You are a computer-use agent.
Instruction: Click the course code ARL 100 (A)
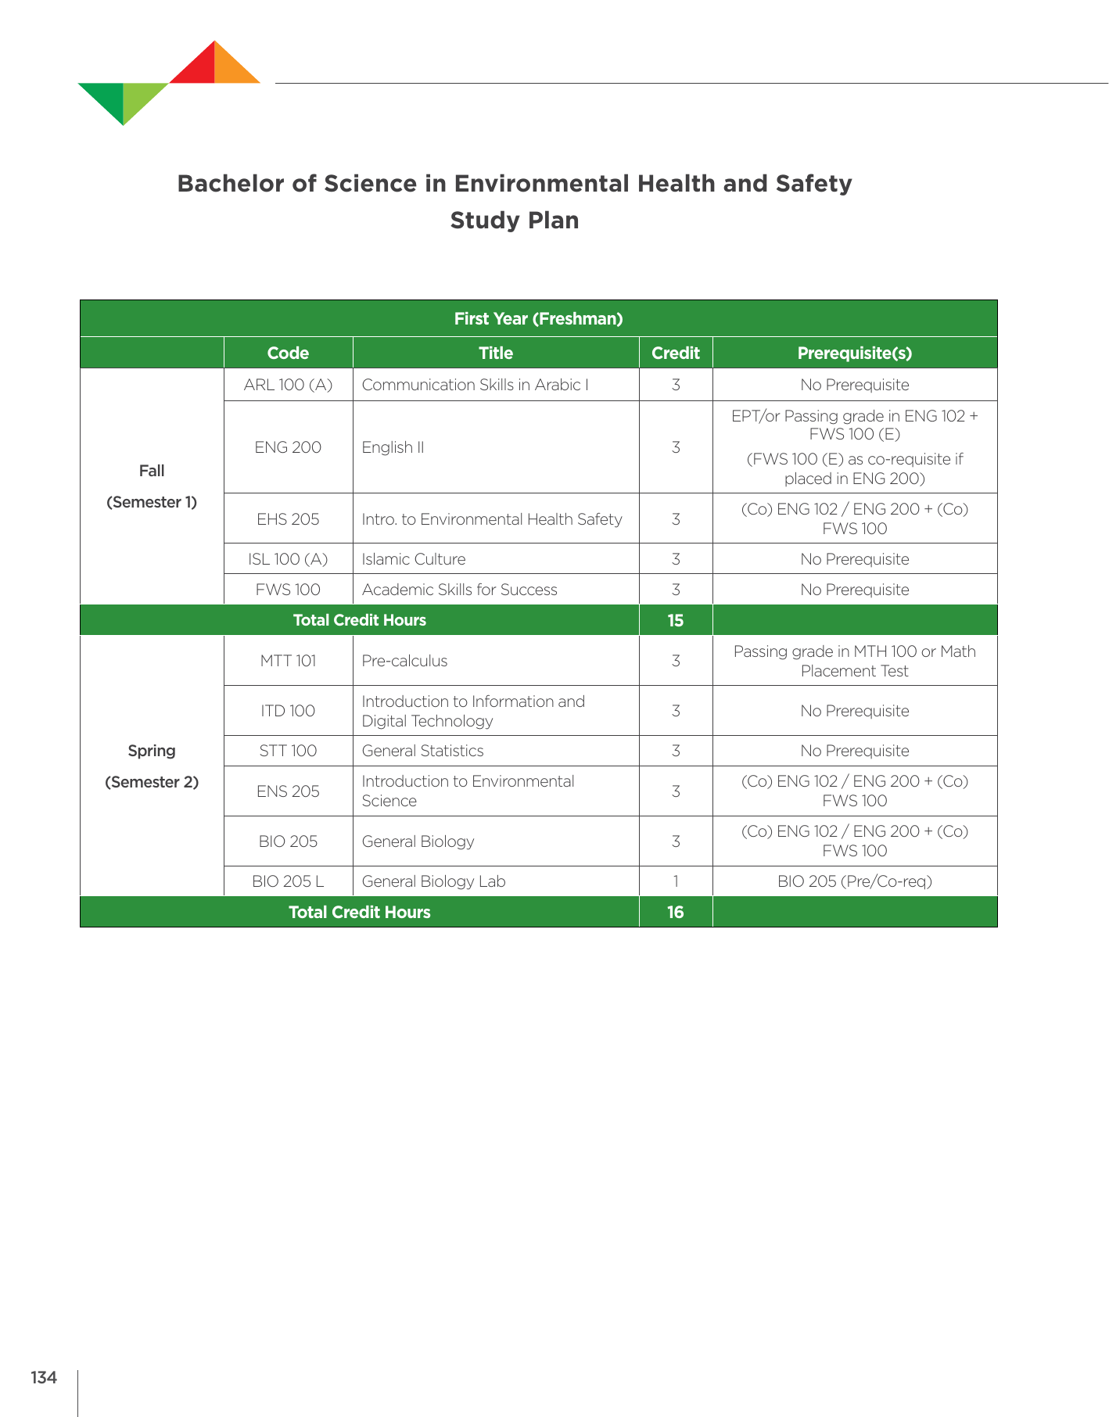pos(288,385)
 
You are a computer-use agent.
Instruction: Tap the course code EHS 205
pos(288,519)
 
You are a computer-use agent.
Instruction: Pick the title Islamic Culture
pos(413,559)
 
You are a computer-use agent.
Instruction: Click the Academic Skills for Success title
pos(459,590)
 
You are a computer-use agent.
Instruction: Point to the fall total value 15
pos(675,620)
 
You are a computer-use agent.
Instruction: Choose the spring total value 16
pos(675,912)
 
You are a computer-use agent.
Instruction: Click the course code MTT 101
pos(288,661)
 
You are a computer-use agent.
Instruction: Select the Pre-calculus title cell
pos(404,661)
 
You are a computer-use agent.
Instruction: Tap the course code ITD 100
pos(288,711)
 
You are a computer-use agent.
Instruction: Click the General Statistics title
pos(422,751)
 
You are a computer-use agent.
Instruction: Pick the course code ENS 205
pos(288,791)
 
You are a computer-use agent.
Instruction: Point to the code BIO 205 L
pos(288,881)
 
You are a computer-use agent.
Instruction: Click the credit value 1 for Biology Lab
pos(675,881)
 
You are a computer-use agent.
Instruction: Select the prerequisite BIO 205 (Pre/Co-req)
pos(854,881)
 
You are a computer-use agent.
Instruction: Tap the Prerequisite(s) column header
pos(854,353)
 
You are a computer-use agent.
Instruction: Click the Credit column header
pos(675,353)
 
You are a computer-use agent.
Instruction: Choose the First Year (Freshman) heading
pos(538,319)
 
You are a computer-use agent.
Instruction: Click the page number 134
pos(44,1378)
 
